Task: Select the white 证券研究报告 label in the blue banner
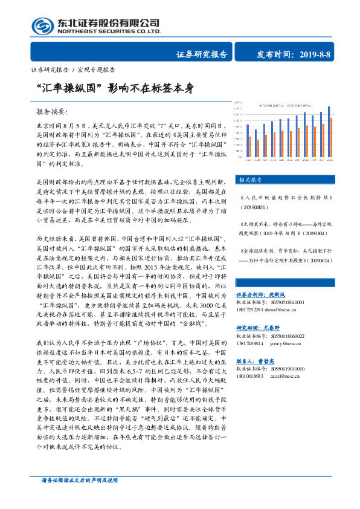point(202,54)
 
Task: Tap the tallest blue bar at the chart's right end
point(329,132)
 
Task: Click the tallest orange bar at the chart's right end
point(332,136)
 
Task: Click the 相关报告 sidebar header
point(251,180)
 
